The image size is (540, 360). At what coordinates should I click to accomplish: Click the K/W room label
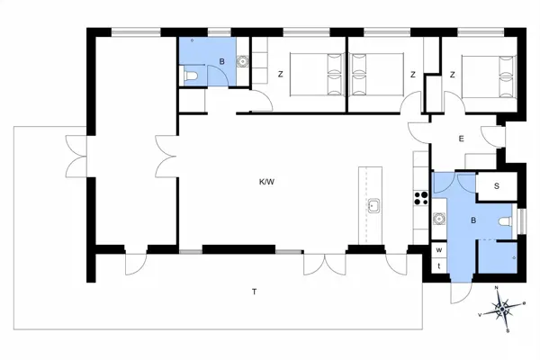(266, 182)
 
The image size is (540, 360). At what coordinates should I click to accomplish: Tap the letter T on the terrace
(255, 291)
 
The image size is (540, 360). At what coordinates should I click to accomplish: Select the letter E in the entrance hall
(461, 139)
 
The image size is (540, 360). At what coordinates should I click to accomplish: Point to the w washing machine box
(439, 249)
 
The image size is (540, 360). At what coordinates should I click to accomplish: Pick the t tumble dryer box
(439, 265)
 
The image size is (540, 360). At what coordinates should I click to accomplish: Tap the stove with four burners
(419, 196)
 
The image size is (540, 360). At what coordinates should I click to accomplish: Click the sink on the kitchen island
(372, 206)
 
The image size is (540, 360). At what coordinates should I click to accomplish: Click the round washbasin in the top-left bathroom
(241, 62)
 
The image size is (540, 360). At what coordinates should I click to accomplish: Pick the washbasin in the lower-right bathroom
(439, 217)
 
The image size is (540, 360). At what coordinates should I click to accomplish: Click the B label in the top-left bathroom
(221, 62)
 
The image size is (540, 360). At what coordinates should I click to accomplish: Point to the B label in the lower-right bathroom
(474, 219)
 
